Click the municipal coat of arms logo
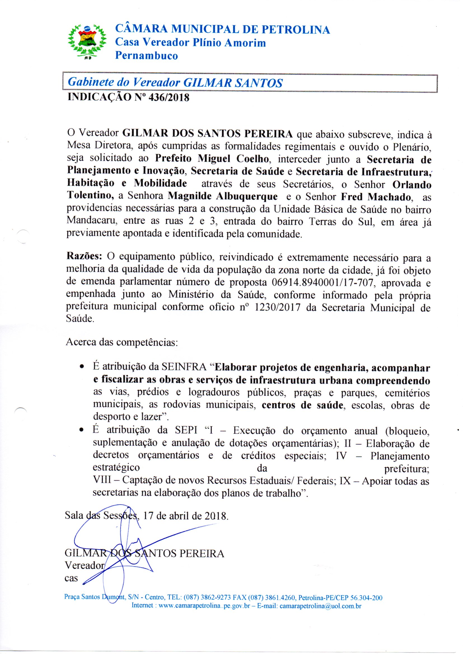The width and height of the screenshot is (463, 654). [x=87, y=41]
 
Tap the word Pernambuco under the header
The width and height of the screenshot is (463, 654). [x=146, y=56]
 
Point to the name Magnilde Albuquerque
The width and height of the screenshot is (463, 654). [x=223, y=196]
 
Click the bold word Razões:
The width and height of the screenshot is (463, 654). [x=84, y=256]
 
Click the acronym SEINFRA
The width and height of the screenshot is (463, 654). [x=184, y=368]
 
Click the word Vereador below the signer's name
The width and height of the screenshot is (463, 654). [x=85, y=565]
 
